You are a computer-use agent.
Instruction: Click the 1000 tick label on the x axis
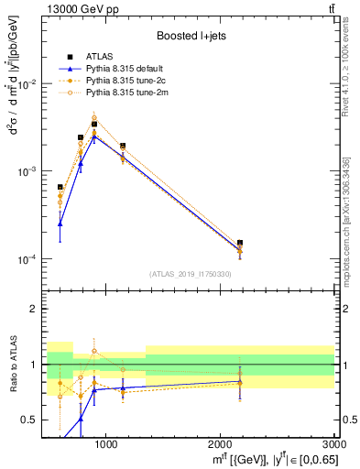[x=105, y=445]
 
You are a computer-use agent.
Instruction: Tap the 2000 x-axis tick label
[x=220, y=445]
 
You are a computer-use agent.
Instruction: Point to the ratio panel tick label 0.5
[x=30, y=420]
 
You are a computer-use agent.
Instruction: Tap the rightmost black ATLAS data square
[x=240, y=243]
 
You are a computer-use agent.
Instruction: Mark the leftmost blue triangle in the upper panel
[x=60, y=224]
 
